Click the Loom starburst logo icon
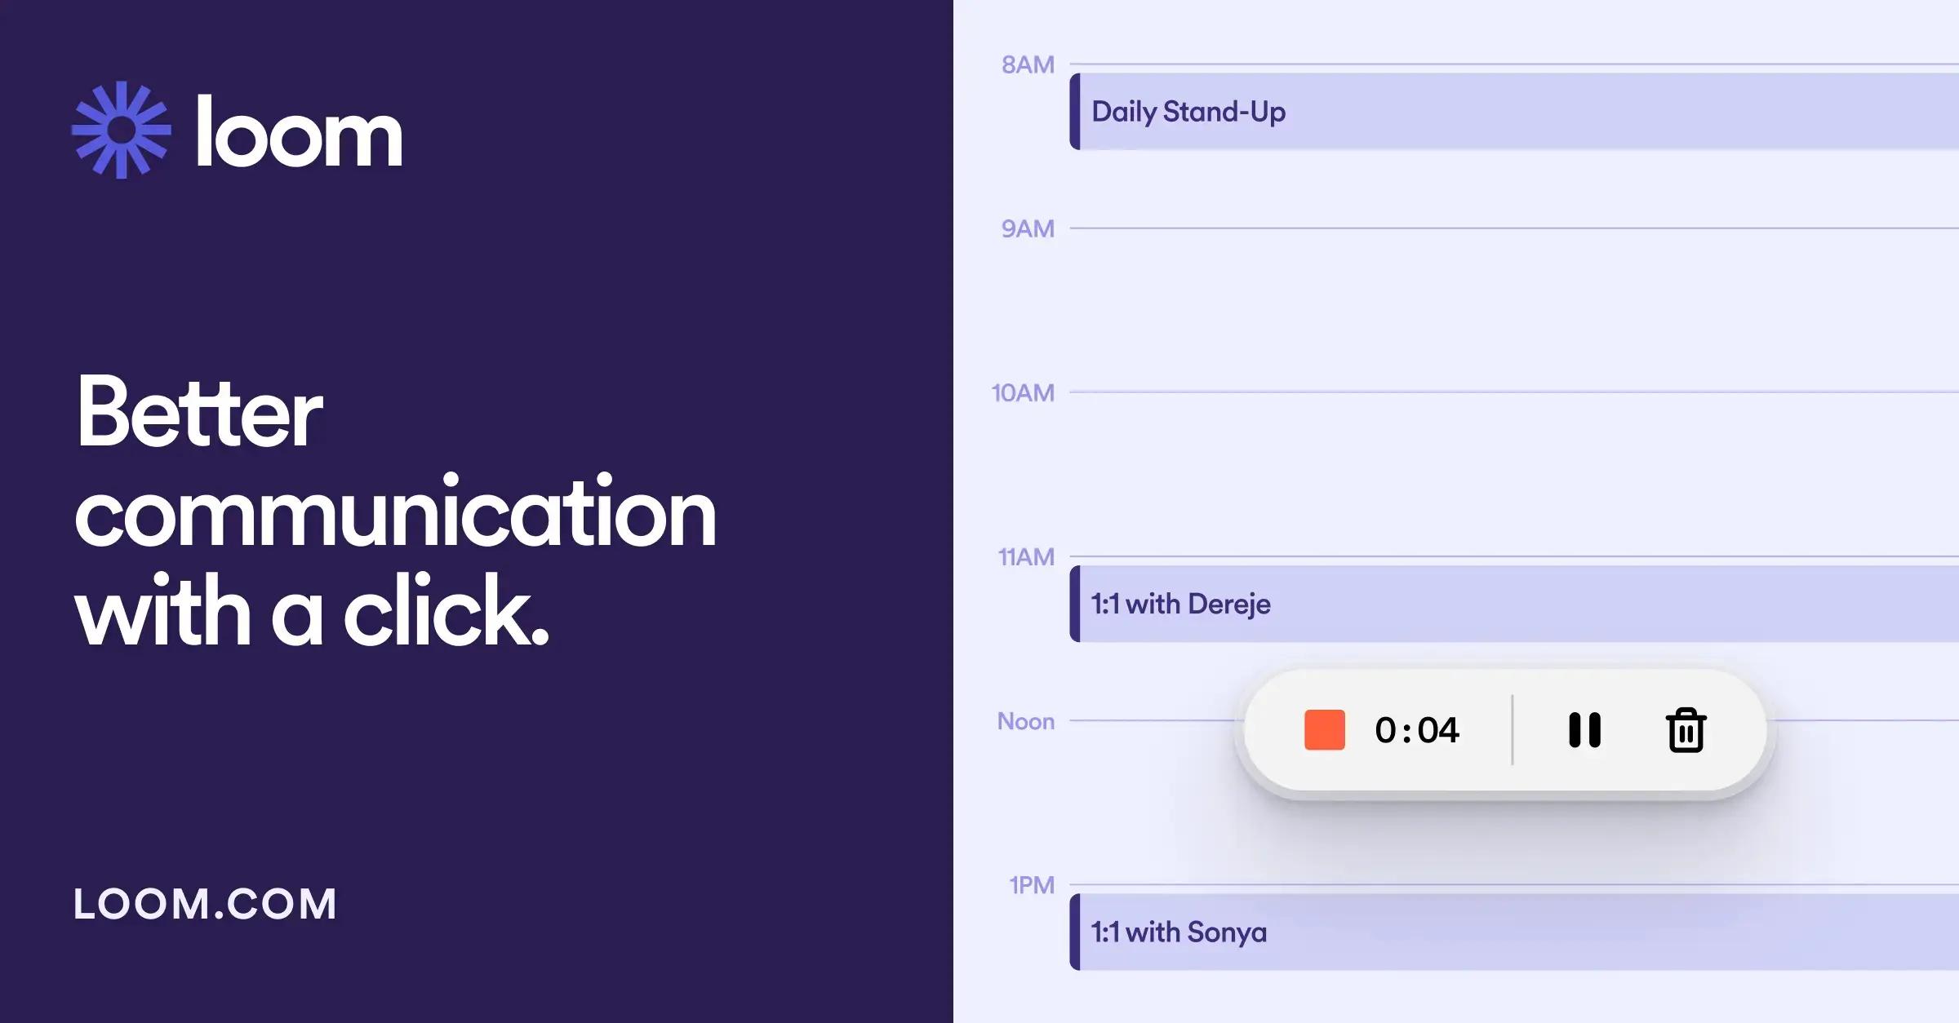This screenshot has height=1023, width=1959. (122, 130)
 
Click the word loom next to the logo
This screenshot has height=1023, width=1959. (299, 132)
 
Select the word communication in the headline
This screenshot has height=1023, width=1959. (395, 512)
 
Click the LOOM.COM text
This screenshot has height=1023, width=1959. (205, 904)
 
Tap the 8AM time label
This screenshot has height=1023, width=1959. (1028, 64)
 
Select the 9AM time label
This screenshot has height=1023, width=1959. (1028, 228)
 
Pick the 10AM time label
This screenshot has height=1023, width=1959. (1023, 392)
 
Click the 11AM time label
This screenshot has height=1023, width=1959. (1026, 556)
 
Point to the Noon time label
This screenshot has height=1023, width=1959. (1025, 721)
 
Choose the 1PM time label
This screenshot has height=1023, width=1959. (1032, 885)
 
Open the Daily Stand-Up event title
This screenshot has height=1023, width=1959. (1188, 112)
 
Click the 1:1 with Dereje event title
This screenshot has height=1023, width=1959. (1180, 604)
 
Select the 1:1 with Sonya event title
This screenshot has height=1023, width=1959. (1179, 932)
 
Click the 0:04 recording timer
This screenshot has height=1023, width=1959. (1417, 730)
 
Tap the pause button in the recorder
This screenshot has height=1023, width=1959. (1584, 730)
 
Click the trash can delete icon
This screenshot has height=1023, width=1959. (1686, 730)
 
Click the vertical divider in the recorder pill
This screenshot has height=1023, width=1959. (1513, 730)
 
